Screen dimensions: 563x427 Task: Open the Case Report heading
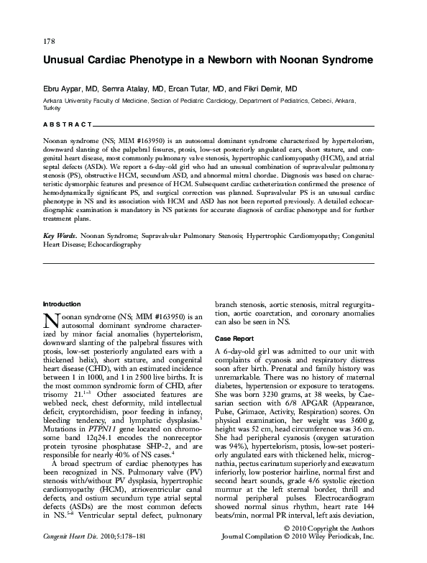234,337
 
